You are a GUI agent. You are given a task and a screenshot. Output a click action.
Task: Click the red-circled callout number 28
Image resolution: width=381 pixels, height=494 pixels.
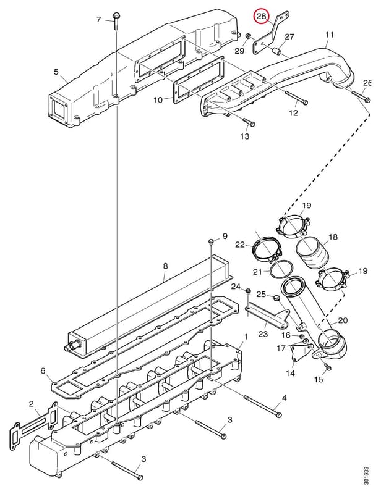[262, 16]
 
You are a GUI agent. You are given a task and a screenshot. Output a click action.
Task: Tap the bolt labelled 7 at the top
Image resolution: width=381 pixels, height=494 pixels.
[115, 21]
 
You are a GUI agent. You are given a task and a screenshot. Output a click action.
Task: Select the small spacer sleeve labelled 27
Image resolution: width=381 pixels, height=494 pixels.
[276, 51]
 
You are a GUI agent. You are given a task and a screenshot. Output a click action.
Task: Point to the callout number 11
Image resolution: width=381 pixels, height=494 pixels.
[329, 35]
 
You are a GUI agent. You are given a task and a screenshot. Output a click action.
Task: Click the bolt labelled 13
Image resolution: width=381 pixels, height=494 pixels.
[249, 122]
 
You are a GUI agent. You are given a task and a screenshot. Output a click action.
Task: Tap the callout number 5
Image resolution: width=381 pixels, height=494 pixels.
[56, 72]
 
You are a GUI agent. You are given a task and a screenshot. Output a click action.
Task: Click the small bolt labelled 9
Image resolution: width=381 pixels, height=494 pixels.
[211, 241]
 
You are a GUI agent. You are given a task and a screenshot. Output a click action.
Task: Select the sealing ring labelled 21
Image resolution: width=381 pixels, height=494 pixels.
[280, 270]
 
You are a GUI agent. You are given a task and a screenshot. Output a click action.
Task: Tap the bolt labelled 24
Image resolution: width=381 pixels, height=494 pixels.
[248, 291]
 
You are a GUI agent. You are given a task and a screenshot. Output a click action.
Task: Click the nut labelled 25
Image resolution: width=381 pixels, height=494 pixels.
[276, 298]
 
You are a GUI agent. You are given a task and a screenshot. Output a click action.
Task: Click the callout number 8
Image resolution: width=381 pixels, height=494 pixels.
[165, 266]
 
